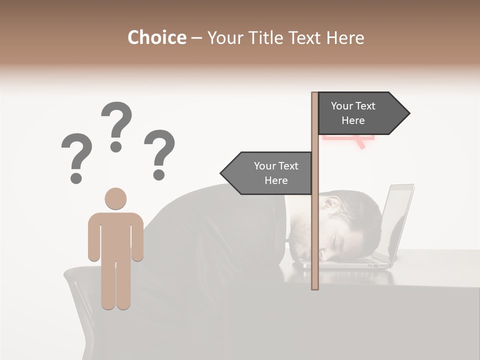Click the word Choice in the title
pyautogui.click(x=156, y=38)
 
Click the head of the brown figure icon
pyautogui.click(x=115, y=198)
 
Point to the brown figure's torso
pyautogui.click(x=115, y=235)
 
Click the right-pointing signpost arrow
pyautogui.click(x=360, y=113)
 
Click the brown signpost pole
pyautogui.click(x=315, y=225)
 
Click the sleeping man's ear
pyautogui.click(x=330, y=204)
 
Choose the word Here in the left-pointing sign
pyautogui.click(x=276, y=180)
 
